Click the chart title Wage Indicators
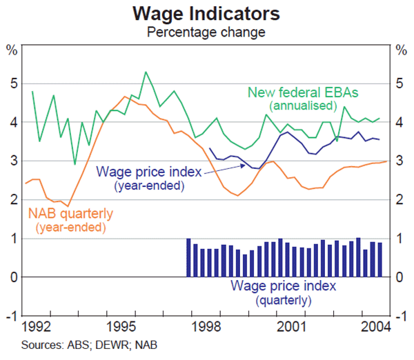208,13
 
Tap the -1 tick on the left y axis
12,316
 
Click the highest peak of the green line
146,72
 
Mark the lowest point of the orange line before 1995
68,206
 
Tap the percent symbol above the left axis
12,50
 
